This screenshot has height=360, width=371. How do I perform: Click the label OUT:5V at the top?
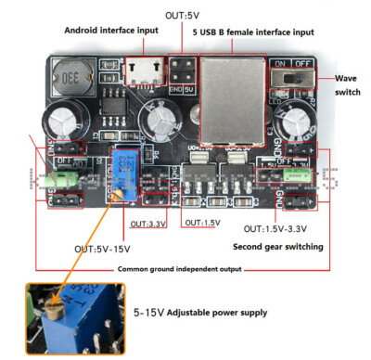(182, 16)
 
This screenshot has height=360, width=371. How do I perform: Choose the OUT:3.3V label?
(149, 224)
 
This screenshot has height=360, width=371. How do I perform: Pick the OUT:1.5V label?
(201, 224)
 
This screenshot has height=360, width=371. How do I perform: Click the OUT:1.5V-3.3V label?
(277, 229)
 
